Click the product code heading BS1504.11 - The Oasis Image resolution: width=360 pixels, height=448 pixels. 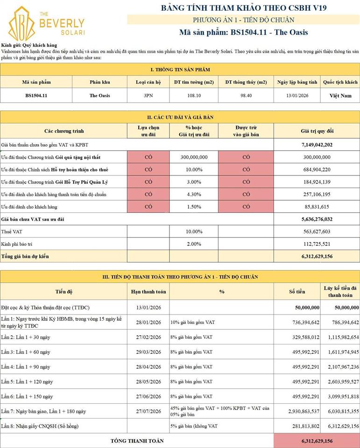pyautogui.click(x=243, y=33)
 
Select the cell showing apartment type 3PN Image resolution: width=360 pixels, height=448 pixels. pyautogui.click(x=148, y=96)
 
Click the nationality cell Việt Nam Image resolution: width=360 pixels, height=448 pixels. pyautogui.click(x=340, y=96)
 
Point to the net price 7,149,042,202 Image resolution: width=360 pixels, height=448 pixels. pyautogui.click(x=317, y=145)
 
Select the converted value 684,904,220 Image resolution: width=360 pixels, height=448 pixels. pyautogui.click(x=317, y=169)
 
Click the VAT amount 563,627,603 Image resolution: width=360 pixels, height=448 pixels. pyautogui.click(x=317, y=232)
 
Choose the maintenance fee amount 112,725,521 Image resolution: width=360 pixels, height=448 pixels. pyautogui.click(x=317, y=244)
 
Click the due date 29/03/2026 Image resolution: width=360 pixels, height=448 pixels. pyautogui.click(x=148, y=352)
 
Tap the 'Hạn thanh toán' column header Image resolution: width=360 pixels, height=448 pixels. pyautogui.click(x=148, y=292)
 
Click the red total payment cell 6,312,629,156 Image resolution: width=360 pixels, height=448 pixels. pyautogui.click(x=317, y=441)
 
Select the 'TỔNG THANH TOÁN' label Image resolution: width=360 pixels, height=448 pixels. pyautogui.click(x=137, y=441)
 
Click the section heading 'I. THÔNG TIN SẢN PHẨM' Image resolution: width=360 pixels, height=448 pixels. pyautogui.click(x=180, y=70)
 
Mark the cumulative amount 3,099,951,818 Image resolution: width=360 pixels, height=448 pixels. pyautogui.click(x=340, y=397)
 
